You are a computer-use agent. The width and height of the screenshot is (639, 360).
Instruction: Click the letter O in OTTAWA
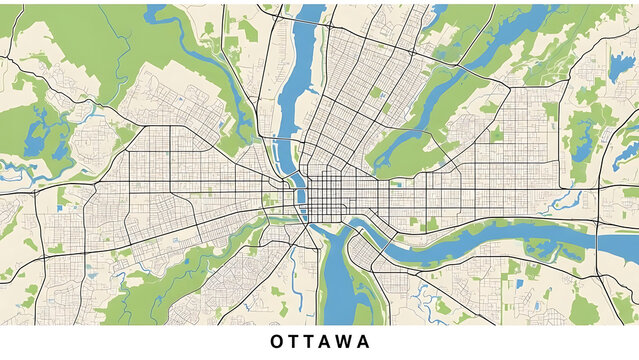[x=276, y=342]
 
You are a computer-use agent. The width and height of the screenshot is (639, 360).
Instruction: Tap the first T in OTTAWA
[x=295, y=342]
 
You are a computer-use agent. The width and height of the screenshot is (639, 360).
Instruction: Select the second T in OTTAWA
[x=313, y=342]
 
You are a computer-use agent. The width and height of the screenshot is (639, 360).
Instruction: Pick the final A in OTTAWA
[x=365, y=342]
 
